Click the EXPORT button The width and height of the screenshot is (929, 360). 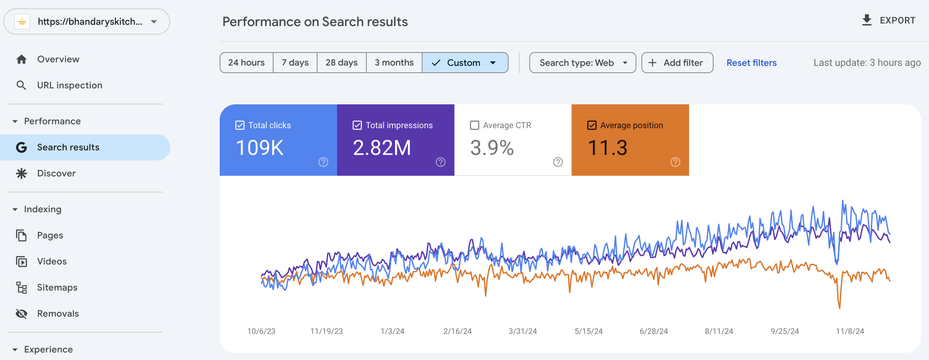888,20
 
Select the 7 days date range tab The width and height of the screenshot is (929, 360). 295,63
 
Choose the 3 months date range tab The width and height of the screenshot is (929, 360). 394,63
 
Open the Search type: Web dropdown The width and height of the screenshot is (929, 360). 582,63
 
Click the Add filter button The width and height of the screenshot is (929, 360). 677,63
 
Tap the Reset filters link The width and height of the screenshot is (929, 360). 751,63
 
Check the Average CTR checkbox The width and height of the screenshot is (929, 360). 475,125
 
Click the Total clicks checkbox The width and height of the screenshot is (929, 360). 240,125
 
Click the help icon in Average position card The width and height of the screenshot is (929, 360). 675,162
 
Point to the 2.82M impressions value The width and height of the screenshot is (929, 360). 382,147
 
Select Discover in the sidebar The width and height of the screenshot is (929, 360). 56,173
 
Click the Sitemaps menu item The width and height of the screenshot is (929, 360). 57,288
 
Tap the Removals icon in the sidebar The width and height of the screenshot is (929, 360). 22,313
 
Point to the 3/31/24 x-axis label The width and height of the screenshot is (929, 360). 523,331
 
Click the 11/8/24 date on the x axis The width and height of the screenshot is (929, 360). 850,331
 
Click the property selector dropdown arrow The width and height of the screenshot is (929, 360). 154,22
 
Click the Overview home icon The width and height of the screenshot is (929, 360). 22,59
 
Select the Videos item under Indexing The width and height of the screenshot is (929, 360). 52,262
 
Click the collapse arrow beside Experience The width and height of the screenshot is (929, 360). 15,350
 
